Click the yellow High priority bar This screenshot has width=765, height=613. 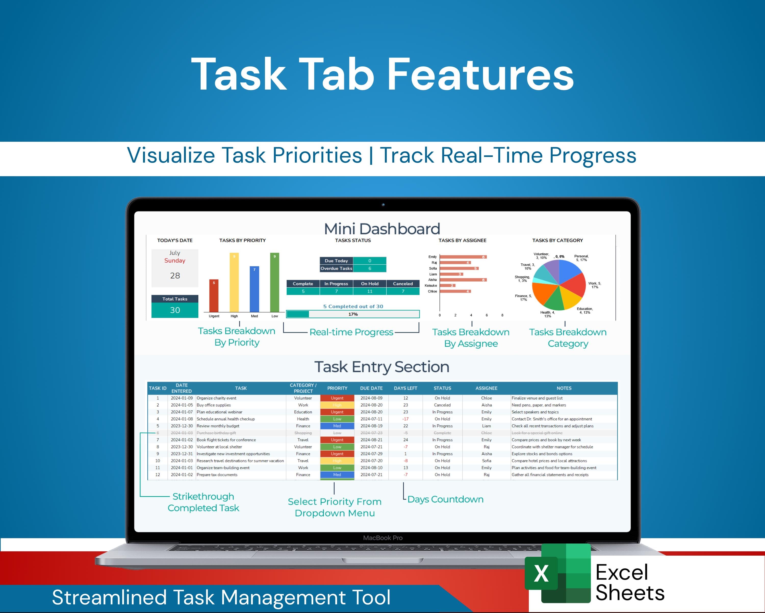pyautogui.click(x=234, y=282)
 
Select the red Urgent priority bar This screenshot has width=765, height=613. pyautogui.click(x=214, y=296)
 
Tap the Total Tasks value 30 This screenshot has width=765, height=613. pyautogui.click(x=175, y=310)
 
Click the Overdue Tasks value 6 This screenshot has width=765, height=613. pyautogui.click(x=369, y=268)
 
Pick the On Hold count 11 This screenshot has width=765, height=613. pyautogui.click(x=369, y=291)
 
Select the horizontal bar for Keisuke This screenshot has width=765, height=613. pyautogui.click(x=448, y=286)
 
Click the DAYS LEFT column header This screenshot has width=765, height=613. pyautogui.click(x=405, y=388)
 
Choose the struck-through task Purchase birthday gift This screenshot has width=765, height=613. pyautogui.click(x=216, y=433)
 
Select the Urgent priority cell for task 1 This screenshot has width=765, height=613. pyautogui.click(x=337, y=398)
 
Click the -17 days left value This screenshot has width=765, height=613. pyautogui.click(x=405, y=419)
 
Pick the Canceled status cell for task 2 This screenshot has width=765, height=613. pyautogui.click(x=442, y=405)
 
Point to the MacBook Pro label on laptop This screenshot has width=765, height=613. pyautogui.click(x=382, y=538)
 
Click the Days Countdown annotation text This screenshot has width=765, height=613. pyautogui.click(x=445, y=499)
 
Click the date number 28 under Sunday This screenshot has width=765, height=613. pyautogui.click(x=175, y=276)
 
